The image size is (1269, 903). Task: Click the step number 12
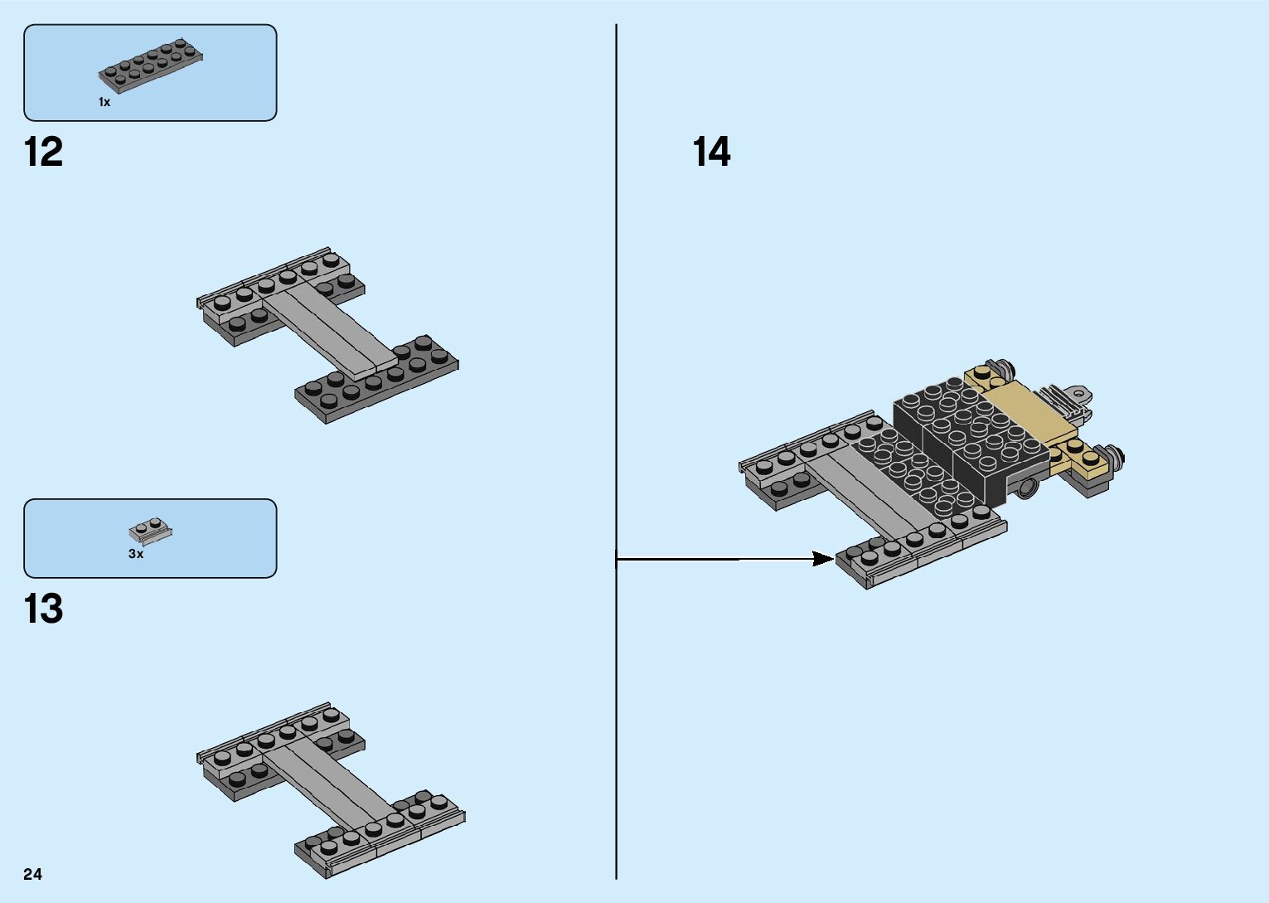tap(44, 153)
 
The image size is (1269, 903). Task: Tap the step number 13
tap(44, 609)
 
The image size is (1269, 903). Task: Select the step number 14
tap(711, 153)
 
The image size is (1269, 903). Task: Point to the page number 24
tap(33, 874)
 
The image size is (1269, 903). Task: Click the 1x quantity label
tap(104, 102)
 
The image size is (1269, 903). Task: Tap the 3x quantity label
tap(136, 554)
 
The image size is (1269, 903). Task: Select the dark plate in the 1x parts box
tap(151, 65)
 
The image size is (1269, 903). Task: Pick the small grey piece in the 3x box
tap(150, 529)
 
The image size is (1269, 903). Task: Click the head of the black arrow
tap(824, 559)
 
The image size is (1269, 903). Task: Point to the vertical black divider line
tap(616, 332)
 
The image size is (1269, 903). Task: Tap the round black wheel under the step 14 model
tap(1027, 487)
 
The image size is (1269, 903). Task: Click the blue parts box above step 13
tap(150, 538)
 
